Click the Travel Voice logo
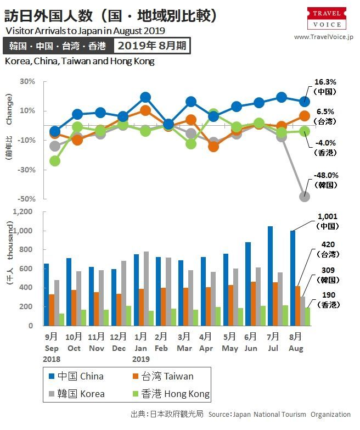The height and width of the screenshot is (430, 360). point(327,19)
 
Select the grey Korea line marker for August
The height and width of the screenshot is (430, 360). point(305,196)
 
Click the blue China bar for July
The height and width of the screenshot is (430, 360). point(269,276)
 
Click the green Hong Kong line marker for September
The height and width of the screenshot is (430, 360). point(55,161)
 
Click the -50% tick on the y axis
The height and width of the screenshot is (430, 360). point(27,199)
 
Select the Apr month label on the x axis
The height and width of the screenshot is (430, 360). point(206,348)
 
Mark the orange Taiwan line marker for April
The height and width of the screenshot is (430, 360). point(213,146)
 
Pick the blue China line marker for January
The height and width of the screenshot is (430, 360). point(145,97)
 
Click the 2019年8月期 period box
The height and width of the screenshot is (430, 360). point(151,46)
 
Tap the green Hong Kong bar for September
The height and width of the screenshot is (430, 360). point(61,320)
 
